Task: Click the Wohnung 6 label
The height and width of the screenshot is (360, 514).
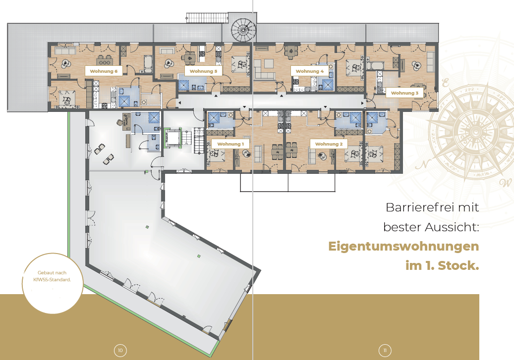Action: click(104, 71)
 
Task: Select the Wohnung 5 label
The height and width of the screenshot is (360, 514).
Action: click(203, 71)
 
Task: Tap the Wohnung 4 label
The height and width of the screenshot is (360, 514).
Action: click(309, 71)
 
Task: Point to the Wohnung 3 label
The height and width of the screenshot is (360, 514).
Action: click(404, 93)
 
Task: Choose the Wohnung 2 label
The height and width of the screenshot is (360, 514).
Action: click(329, 144)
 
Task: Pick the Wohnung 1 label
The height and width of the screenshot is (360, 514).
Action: click(230, 144)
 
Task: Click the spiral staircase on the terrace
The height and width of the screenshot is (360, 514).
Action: click(243, 30)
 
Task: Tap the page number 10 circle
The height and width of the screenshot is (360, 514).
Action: click(120, 351)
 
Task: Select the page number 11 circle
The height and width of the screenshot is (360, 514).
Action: click(385, 351)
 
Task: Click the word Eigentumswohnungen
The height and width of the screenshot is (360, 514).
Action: click(403, 246)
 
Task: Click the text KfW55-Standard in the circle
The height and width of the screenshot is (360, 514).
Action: click(52, 280)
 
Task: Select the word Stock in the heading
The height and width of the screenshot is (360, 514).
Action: click(458, 265)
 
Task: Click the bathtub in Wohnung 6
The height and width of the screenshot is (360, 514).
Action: click(148, 63)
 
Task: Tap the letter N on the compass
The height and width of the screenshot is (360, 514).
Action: click(423, 164)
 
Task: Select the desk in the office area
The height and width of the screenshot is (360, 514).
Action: click(127, 122)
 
